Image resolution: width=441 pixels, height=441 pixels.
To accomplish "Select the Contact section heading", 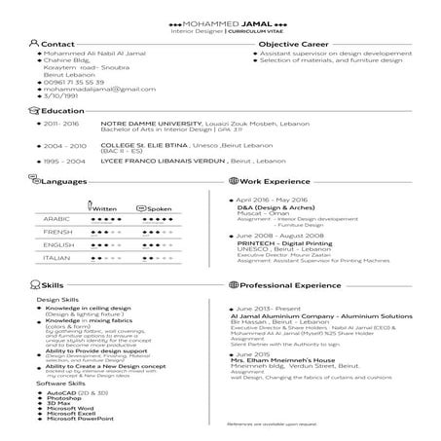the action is coord(58,45).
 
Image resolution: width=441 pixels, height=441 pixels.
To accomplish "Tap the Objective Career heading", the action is coord(291,45).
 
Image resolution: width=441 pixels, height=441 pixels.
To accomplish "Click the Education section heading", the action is coord(55,112).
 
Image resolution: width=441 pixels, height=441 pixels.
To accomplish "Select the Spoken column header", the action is coord(160,208).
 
